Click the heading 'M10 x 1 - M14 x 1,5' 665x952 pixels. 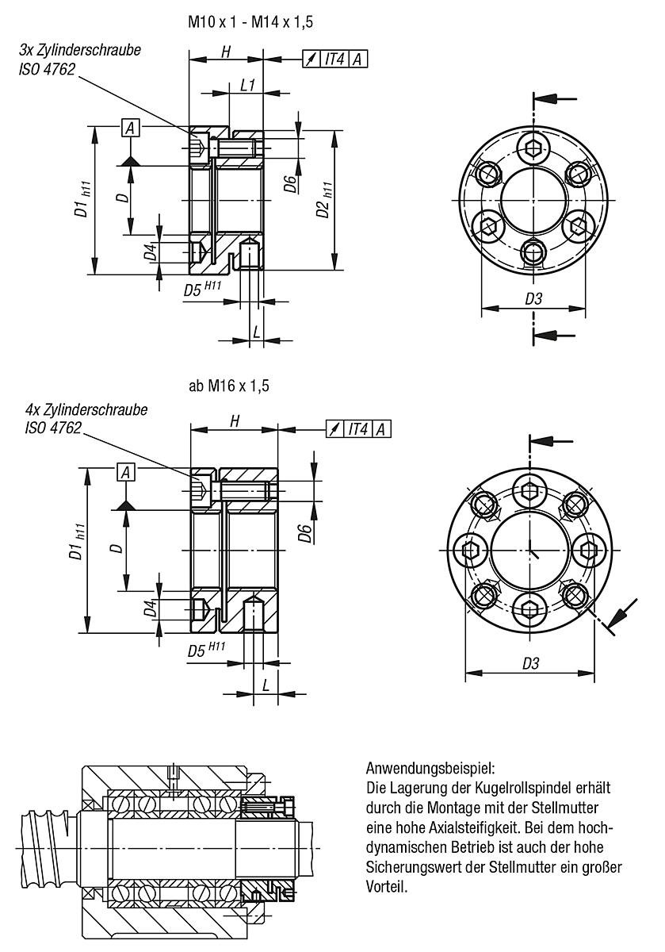[250, 23]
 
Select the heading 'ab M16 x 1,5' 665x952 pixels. [229, 386]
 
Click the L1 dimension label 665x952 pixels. [247, 86]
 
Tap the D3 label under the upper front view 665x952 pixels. [533, 299]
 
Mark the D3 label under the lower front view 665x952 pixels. [530, 663]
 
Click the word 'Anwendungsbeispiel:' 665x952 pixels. [430, 769]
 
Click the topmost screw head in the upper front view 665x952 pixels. [533, 148]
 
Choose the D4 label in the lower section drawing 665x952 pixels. [150, 611]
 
